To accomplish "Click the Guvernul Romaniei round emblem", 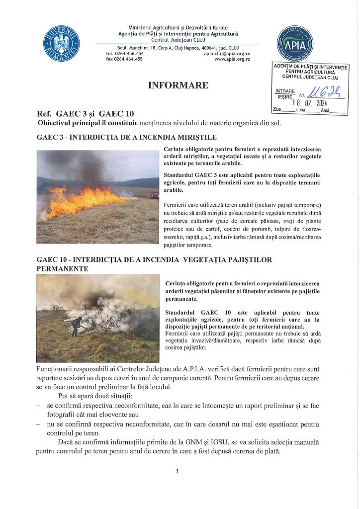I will tap(62, 43).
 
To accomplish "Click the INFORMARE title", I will tap(178, 85).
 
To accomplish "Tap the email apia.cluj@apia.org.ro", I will tap(227, 53).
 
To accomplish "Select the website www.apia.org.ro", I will tap(232, 59).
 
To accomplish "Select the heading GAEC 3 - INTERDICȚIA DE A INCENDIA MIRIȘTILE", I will tap(127, 137).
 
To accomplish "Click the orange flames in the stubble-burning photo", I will tap(85, 200).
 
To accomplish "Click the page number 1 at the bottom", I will tap(178, 471).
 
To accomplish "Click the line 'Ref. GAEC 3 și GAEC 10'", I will tap(85, 114).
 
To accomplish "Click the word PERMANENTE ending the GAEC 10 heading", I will tap(63, 268).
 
